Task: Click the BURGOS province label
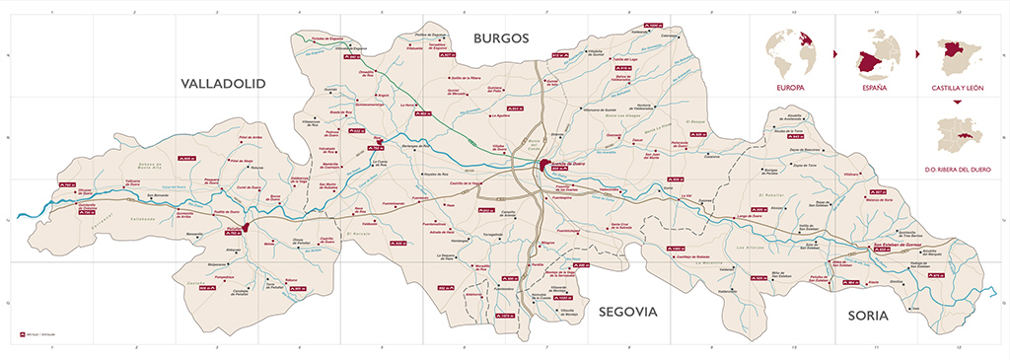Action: click(501, 38)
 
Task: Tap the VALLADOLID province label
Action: click(224, 85)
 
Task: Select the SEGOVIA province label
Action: click(626, 312)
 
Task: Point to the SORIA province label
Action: click(868, 316)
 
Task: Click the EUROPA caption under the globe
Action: click(791, 88)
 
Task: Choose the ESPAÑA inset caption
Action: click(874, 88)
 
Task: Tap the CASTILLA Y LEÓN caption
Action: click(957, 88)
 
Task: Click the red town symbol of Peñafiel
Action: click(245, 230)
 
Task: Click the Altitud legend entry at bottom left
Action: click(36, 335)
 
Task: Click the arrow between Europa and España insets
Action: click(834, 52)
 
